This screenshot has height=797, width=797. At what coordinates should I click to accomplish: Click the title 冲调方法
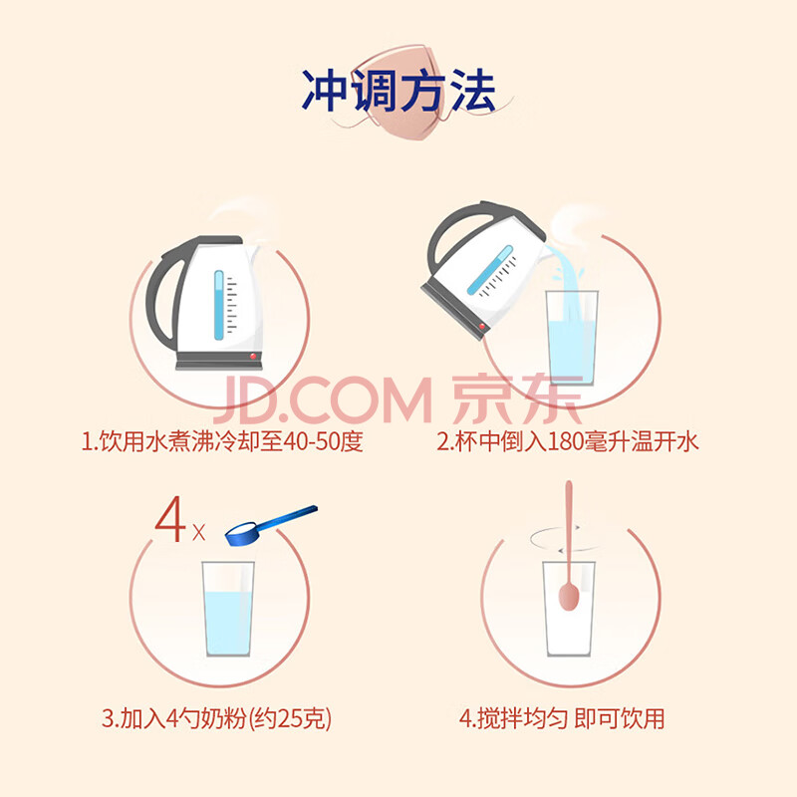(398, 91)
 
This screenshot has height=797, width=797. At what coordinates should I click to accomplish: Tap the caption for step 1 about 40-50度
(222, 441)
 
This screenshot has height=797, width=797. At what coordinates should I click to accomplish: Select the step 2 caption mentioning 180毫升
(568, 441)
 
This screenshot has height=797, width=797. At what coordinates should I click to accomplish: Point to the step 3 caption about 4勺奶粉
(216, 718)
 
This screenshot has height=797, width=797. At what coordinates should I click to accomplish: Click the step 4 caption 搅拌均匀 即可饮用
(562, 718)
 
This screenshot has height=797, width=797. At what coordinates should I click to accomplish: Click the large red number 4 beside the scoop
(170, 519)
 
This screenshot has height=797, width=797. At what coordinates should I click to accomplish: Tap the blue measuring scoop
(271, 526)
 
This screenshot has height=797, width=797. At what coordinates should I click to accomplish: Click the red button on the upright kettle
(253, 357)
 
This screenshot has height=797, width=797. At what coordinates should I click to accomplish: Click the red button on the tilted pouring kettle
(481, 327)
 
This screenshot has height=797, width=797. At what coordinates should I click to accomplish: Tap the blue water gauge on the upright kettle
(218, 305)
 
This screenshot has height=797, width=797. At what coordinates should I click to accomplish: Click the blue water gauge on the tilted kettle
(490, 270)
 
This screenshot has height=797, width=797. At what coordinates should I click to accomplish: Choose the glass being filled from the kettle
(571, 338)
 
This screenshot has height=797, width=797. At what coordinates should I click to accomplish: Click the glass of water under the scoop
(228, 609)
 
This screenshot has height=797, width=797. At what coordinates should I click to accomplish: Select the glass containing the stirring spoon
(569, 609)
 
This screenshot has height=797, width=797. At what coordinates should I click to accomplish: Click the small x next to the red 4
(198, 533)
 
